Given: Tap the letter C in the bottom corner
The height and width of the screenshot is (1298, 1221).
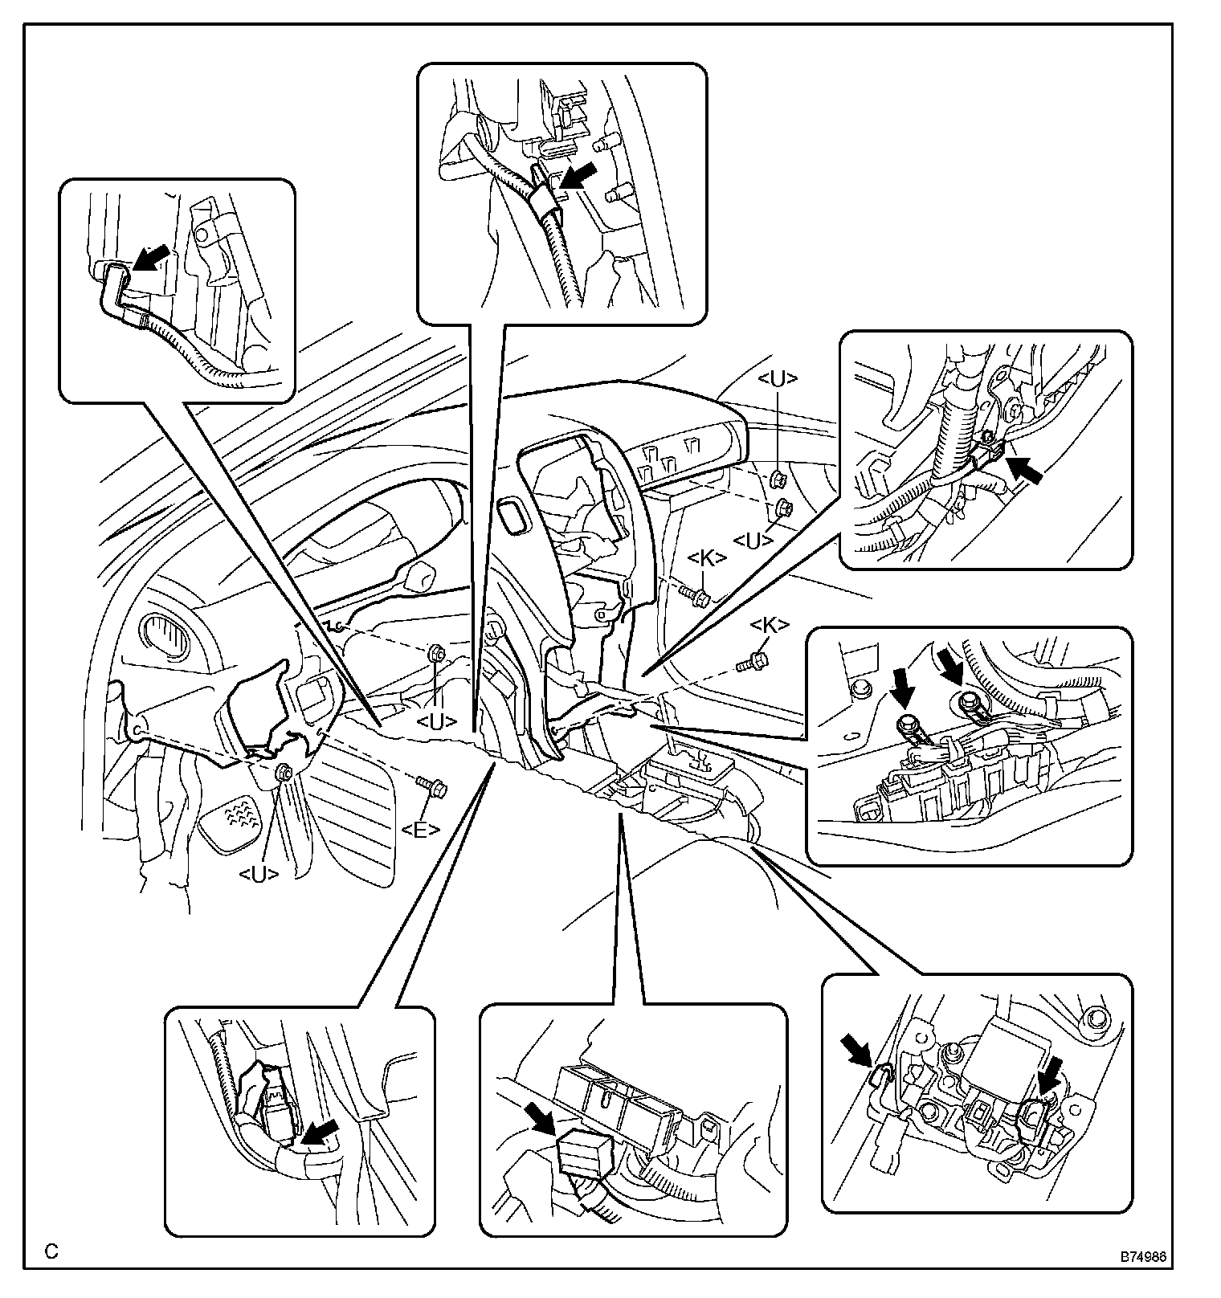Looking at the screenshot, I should click(x=51, y=1251).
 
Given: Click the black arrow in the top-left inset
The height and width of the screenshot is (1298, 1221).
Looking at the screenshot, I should click(x=151, y=259).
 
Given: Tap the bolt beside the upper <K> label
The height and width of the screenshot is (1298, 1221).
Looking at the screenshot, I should click(x=694, y=595).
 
